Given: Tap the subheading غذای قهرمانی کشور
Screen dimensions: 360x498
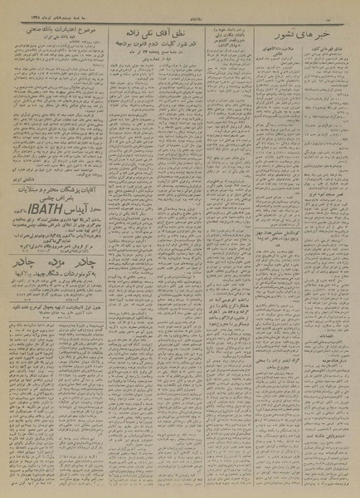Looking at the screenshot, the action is [320, 50].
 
